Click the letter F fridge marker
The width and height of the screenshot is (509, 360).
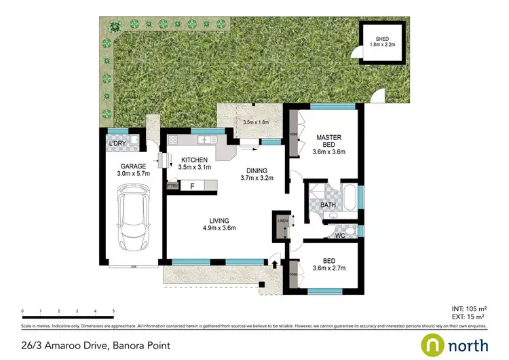click(x=193, y=185)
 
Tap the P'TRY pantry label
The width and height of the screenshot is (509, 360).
click(x=172, y=185)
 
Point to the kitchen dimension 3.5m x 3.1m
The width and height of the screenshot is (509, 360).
click(x=195, y=166)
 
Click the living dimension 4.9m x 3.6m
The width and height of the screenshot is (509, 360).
click(x=219, y=229)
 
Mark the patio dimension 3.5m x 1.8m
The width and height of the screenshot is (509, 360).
click(x=257, y=122)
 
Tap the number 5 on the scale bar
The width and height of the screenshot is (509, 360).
click(x=113, y=311)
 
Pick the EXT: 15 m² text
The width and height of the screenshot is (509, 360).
click(x=468, y=317)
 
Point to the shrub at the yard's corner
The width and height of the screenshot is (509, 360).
click(x=115, y=26)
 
